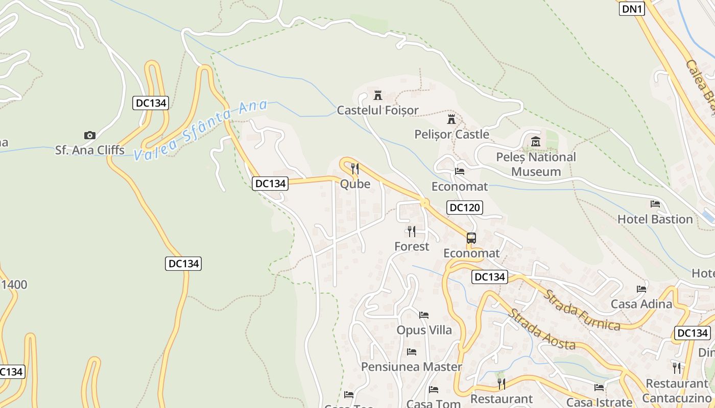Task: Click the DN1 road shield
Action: (x=632, y=9)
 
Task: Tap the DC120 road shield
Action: (x=464, y=208)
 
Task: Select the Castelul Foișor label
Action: (x=377, y=110)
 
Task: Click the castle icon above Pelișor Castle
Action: (x=451, y=120)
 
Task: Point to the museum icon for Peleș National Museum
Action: (x=535, y=141)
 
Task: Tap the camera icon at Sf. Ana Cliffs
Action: (x=90, y=135)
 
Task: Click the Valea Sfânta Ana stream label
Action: (x=201, y=130)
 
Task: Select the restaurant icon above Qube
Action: (x=355, y=169)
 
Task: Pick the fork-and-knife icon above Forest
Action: (x=412, y=232)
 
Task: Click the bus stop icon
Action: (x=471, y=238)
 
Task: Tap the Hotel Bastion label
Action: (x=655, y=219)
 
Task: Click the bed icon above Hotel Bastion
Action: (x=655, y=204)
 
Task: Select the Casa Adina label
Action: (x=641, y=304)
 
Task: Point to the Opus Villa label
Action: (x=424, y=330)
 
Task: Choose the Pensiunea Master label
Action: (x=411, y=367)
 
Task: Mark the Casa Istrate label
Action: (x=599, y=402)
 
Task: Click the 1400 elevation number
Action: (x=14, y=285)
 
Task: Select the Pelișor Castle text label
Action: (x=451, y=135)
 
